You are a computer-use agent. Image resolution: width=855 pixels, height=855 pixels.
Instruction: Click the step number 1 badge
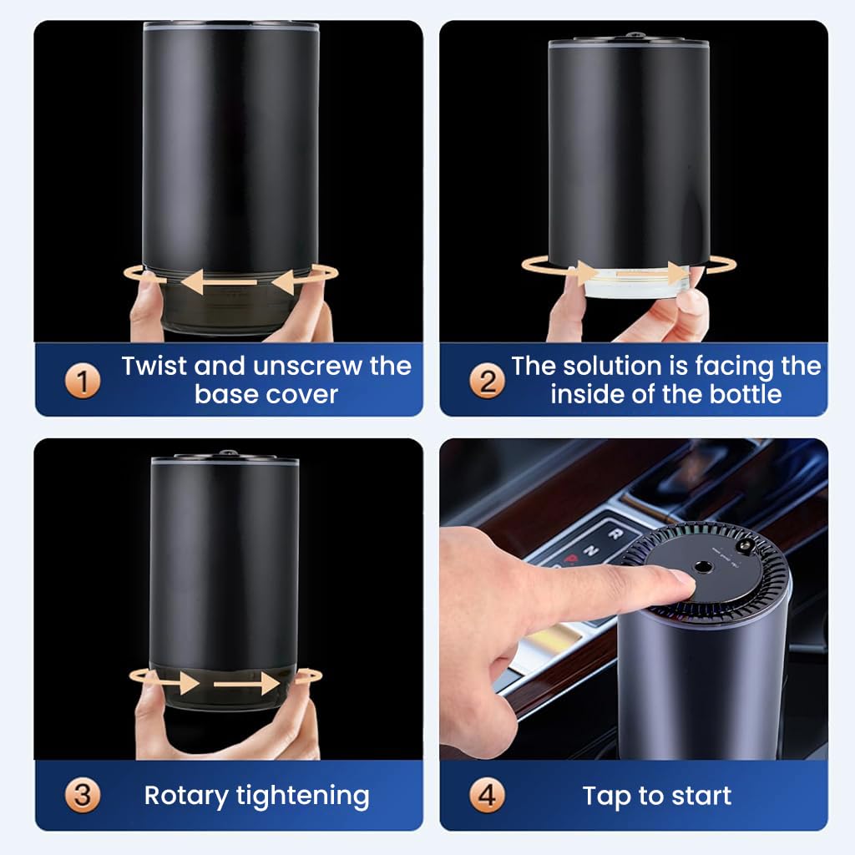click(83, 382)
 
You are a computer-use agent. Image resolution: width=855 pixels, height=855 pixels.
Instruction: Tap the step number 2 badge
click(487, 382)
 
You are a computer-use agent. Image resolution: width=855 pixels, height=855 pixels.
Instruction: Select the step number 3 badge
click(83, 796)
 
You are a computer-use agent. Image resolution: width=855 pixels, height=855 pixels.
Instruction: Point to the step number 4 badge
click(487, 796)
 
